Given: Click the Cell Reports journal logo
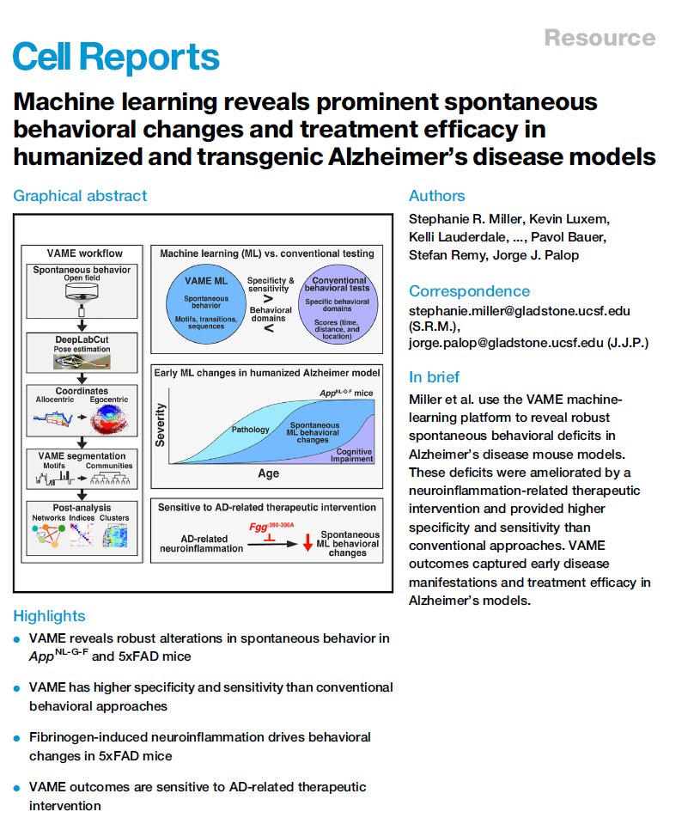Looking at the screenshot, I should click(x=116, y=58).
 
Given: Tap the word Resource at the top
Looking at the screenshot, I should click(x=600, y=38).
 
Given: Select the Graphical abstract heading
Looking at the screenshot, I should click(x=80, y=196).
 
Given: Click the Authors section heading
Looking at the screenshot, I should click(x=436, y=196).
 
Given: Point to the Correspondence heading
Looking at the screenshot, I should click(x=469, y=290).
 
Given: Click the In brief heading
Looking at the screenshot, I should click(x=434, y=377).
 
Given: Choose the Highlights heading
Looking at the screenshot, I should click(x=49, y=616).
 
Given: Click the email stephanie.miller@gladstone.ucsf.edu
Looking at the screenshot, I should click(x=531, y=309).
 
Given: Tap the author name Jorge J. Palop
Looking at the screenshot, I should click(x=529, y=255).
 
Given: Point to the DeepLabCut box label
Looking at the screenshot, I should click(x=83, y=341).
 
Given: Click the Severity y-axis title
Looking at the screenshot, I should click(x=161, y=425).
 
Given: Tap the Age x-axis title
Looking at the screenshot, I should click(x=269, y=473).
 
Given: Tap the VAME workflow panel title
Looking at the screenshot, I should click(x=83, y=253).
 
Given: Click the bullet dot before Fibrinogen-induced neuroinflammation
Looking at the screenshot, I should click(x=16, y=738).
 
